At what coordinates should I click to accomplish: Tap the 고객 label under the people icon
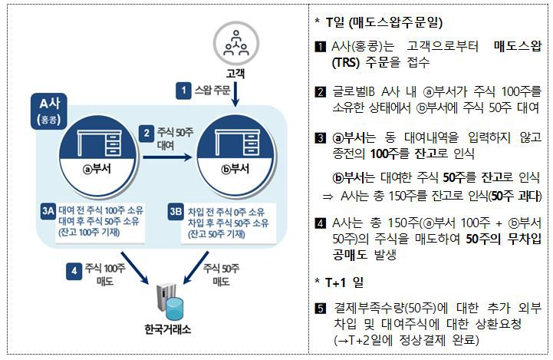click(x=235, y=74)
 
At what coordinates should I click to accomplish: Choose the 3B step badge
click(x=177, y=209)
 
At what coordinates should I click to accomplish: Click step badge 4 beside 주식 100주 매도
click(x=72, y=270)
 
